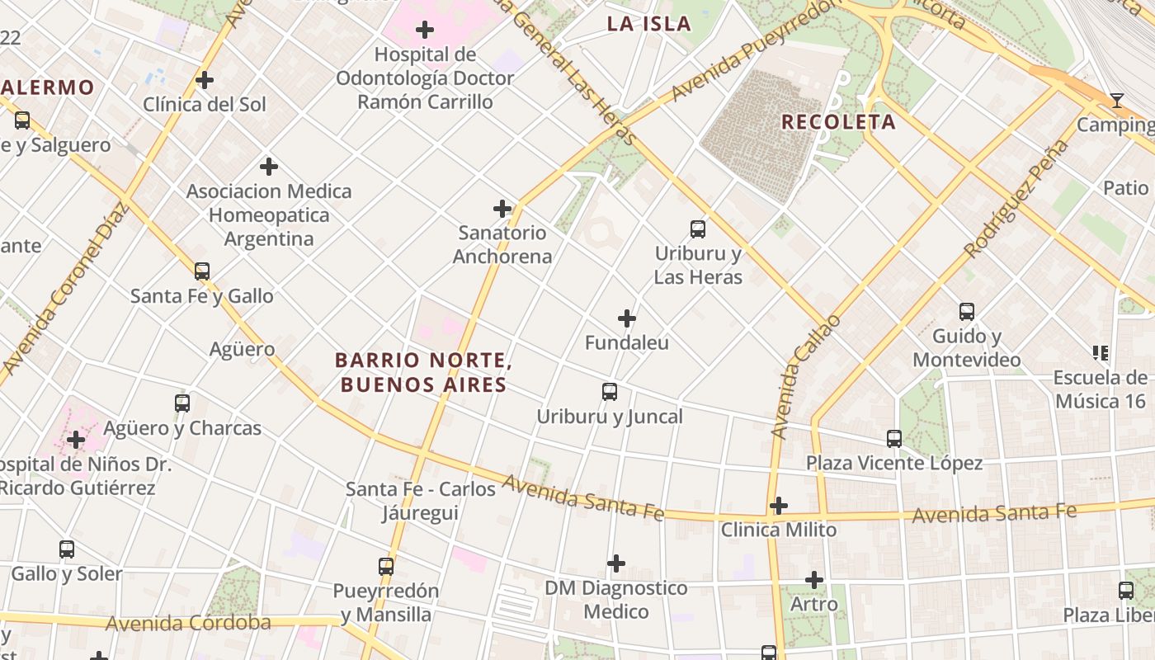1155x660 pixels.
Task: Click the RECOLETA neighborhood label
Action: point(838,122)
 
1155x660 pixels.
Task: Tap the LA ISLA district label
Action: point(649,24)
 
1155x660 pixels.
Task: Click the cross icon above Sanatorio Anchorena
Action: point(502,209)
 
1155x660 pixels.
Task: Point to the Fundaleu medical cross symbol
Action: point(627,318)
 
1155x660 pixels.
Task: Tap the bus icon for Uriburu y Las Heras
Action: point(698,229)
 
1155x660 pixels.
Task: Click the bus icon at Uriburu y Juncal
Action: point(610,392)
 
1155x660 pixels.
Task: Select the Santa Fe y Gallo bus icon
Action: point(202,271)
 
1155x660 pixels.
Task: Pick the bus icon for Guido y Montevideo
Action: point(967,312)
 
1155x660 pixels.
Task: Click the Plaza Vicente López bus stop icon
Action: point(894,439)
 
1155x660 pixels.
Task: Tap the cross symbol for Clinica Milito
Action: point(779,506)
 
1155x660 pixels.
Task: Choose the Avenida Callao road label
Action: point(804,376)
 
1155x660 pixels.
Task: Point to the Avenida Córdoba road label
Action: point(188,623)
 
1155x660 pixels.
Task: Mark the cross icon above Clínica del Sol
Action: point(205,80)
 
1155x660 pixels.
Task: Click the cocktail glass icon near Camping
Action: point(1117,101)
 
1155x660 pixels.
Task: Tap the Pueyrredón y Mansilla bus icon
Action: point(386,567)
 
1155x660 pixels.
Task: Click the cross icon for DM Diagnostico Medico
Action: point(616,563)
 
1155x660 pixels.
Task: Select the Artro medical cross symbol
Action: point(814,580)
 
